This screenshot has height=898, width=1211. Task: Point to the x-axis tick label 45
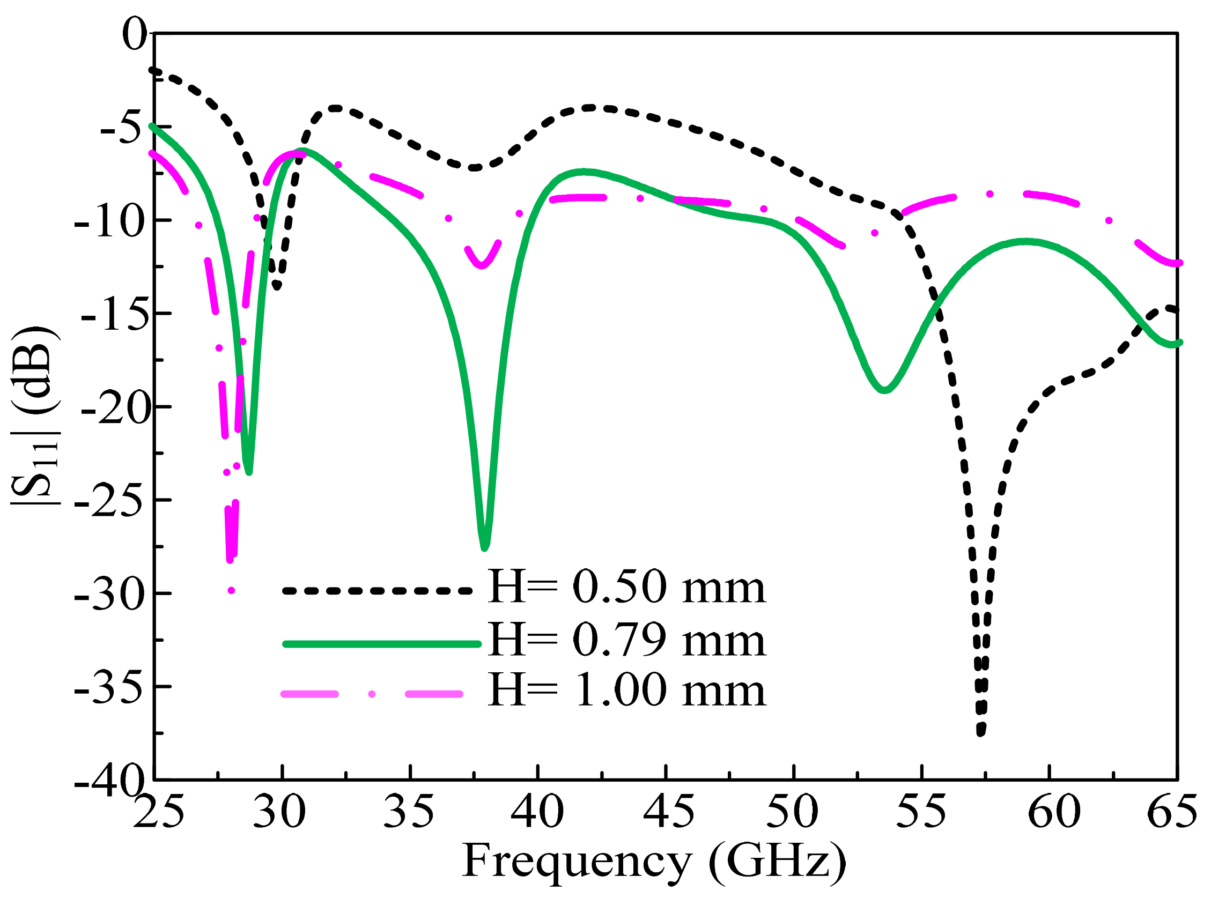pos(668,812)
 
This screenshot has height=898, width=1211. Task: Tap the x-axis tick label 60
pos(1053,812)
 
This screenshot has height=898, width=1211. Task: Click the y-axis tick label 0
pos(134,34)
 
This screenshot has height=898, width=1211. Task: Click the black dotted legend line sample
pos(376,590)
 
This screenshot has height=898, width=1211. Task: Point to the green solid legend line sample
pos(382,644)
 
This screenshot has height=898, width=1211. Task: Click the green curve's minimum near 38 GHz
pos(484,547)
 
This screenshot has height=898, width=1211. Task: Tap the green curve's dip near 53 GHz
pos(885,390)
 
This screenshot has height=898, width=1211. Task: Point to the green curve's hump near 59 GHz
pos(1025,241)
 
